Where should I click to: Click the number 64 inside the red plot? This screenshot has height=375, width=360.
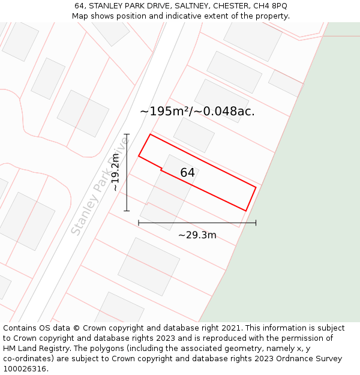pyautogui.click(x=187, y=173)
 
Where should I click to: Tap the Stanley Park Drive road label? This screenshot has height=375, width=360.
pyautogui.click(x=100, y=186)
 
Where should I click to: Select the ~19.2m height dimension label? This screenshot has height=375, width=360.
pyautogui.click(x=116, y=172)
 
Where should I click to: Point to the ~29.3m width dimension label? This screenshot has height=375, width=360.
pyautogui.click(x=197, y=235)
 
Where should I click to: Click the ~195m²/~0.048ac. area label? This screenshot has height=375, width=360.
pyautogui.click(x=197, y=111)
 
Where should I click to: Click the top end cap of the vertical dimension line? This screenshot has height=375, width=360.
pyautogui.click(x=127, y=134)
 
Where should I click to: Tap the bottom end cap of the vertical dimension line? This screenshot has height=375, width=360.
pyautogui.click(x=127, y=211)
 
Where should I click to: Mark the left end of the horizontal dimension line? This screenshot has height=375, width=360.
pyautogui.click(x=139, y=223)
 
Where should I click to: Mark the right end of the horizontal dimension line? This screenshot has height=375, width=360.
pyautogui.click(x=256, y=223)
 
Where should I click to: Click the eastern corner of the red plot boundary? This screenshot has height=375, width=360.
pyautogui.click(x=256, y=187)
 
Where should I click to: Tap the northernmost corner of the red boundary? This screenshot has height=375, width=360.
pyautogui.click(x=149, y=134)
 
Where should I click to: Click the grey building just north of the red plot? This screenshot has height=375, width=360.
pyautogui.click(x=194, y=135)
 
